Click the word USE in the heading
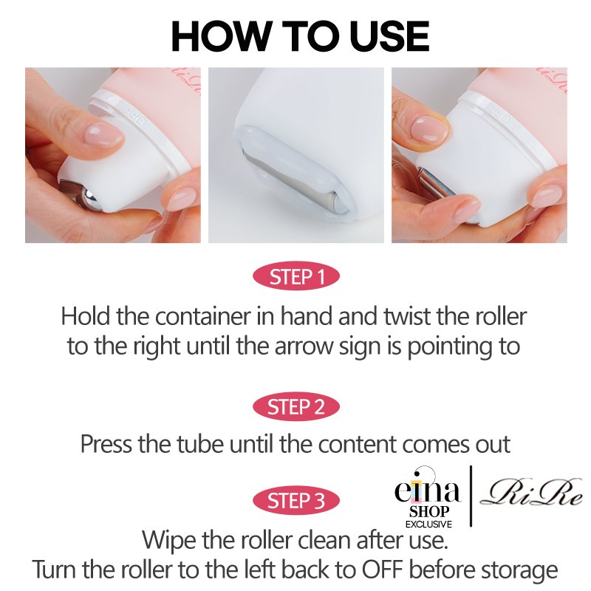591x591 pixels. pos(389,36)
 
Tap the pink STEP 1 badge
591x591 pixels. pos(296,276)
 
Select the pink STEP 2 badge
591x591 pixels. pos(296,407)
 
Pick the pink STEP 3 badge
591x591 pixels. pos(296,501)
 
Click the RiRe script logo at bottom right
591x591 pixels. pos(531,493)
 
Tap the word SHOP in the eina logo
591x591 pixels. pos(429,511)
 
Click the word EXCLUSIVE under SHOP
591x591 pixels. pos(428,524)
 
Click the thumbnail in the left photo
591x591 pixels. pos(103,134)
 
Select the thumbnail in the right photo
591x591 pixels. pos(430,129)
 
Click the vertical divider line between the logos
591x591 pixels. pos(471,496)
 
